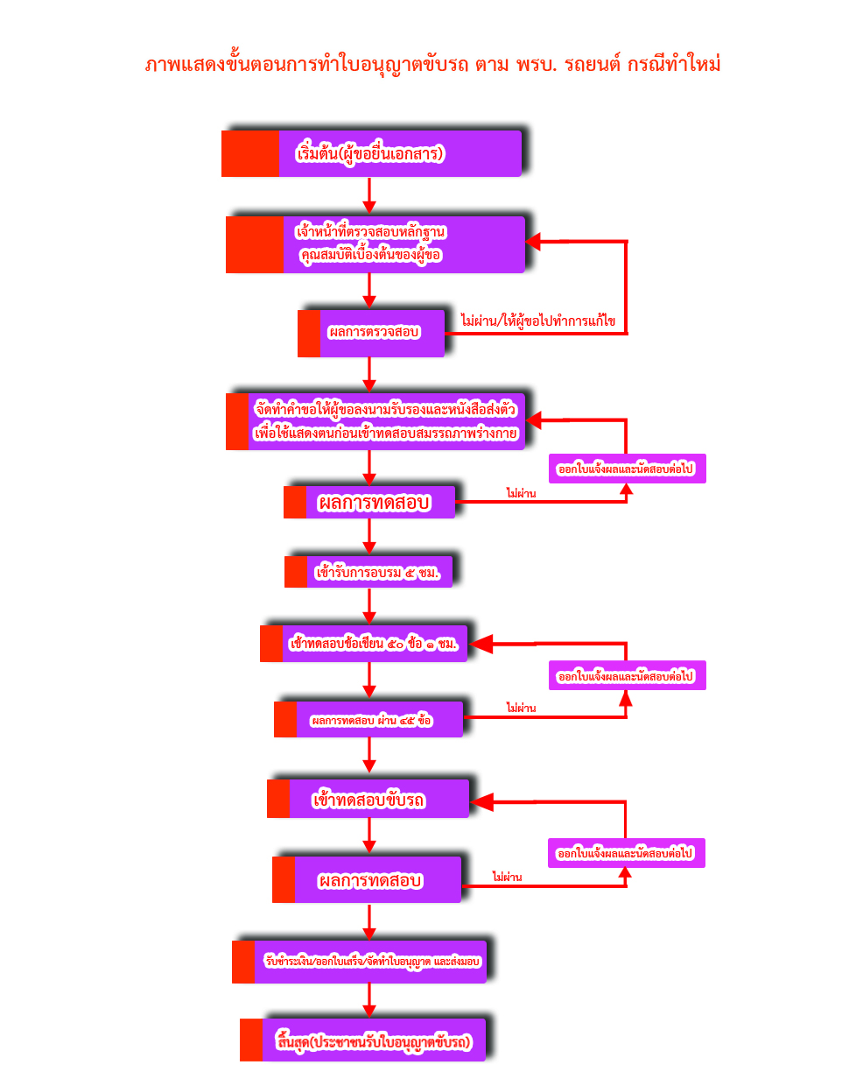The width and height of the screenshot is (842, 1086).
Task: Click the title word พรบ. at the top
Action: [x=536, y=65]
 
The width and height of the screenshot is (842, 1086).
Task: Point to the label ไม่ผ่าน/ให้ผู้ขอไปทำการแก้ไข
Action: [x=537, y=321]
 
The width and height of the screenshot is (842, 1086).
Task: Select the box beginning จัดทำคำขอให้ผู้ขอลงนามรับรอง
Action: [x=385, y=421]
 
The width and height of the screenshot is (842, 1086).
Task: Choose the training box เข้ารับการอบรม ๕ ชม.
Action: [x=378, y=573]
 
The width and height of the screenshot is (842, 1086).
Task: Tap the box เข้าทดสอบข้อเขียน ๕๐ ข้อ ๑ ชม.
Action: [x=375, y=644]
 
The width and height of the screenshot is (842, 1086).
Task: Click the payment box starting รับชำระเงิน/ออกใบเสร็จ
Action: [x=371, y=962]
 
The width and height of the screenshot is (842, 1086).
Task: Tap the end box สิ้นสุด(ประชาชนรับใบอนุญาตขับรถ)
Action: [x=373, y=1041]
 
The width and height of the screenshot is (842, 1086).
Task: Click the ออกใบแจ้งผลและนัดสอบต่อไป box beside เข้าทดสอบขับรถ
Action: [x=626, y=853]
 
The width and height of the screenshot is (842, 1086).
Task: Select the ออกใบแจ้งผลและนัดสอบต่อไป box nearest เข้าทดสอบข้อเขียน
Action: [x=627, y=676]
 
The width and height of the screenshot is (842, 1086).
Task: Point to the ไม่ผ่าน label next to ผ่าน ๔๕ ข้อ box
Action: [x=521, y=708]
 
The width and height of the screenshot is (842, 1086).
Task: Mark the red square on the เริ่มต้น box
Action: [x=250, y=154]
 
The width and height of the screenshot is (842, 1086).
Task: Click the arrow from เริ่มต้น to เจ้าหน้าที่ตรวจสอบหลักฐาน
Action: [x=369, y=195]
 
